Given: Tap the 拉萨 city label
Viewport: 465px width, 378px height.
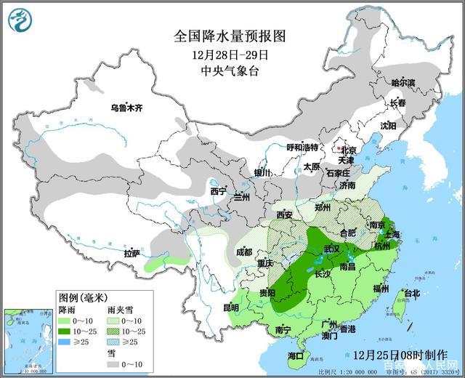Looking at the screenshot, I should [132, 254].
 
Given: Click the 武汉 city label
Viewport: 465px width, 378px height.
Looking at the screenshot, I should [332, 249].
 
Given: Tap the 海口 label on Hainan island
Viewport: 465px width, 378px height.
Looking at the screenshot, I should [295, 355].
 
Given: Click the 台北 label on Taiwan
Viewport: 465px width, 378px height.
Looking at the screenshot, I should [411, 294].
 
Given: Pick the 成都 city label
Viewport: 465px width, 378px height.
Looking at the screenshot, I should [243, 252].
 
